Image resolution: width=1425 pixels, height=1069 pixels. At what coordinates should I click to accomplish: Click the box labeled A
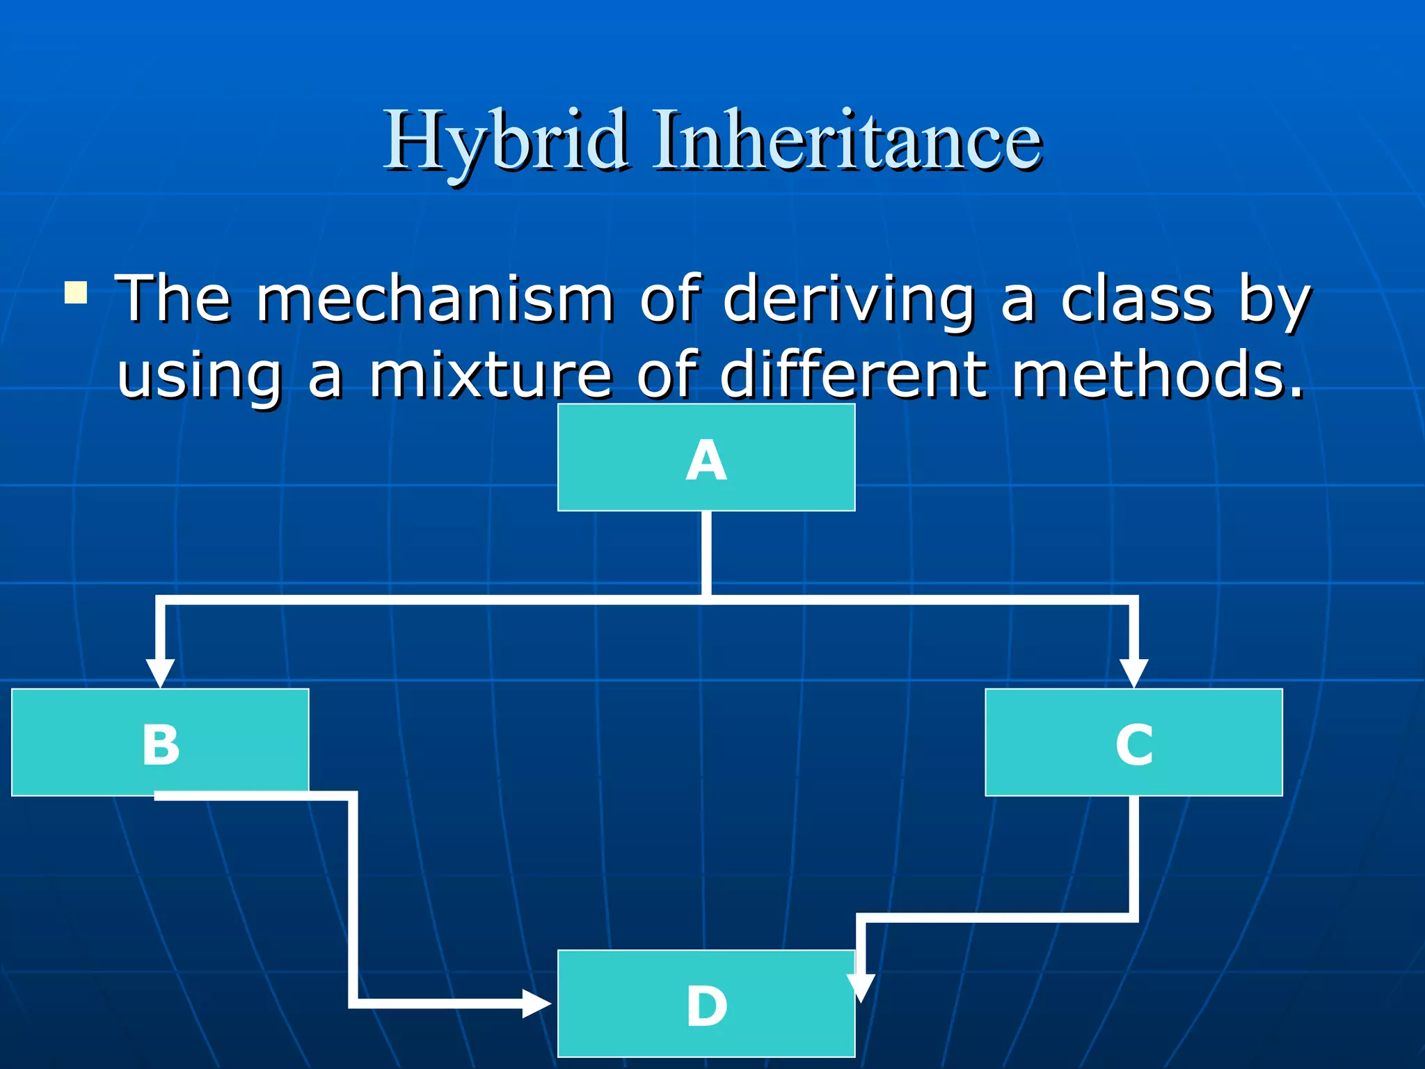pos(706,458)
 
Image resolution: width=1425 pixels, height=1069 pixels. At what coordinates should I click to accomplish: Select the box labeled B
pos(160,742)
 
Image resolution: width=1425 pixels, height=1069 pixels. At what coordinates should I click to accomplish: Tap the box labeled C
pos(1133,742)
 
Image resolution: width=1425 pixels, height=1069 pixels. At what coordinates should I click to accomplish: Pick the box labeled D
pos(706,1004)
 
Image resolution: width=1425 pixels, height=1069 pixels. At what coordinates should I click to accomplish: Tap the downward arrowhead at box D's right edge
pos(861,985)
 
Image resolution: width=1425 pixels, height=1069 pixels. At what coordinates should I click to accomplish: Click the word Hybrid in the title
pos(506,141)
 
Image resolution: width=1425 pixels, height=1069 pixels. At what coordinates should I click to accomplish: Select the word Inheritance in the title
pos(847,141)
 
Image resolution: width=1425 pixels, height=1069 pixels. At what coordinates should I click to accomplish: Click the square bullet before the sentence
pos(76,292)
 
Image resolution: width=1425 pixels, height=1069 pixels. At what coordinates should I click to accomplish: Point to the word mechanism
pos(435,299)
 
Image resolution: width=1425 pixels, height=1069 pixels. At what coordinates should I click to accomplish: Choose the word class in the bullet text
pos(1136,299)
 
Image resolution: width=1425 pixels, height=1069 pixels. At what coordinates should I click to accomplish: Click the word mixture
pos(490,376)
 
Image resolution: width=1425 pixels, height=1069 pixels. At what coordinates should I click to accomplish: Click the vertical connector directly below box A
pos(706,553)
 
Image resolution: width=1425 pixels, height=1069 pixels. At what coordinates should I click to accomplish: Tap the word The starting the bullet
pos(173,299)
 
